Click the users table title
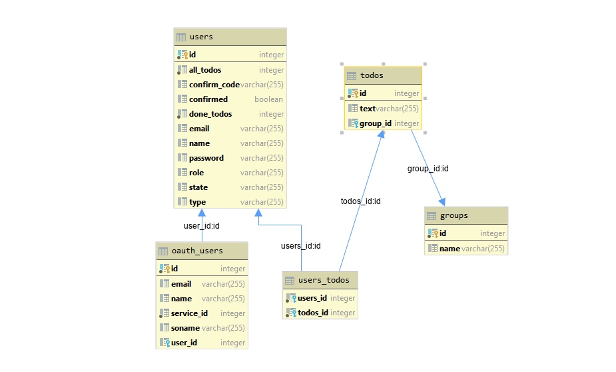(x=201, y=37)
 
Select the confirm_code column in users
(x=214, y=85)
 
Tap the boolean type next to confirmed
(x=269, y=99)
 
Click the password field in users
(x=206, y=158)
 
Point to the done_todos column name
(x=210, y=114)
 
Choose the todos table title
(x=372, y=75)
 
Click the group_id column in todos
(x=375, y=123)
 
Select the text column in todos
(x=368, y=109)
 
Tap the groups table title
(x=454, y=215)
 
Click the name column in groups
(x=450, y=249)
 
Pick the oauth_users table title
(x=197, y=251)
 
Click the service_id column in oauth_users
(x=189, y=313)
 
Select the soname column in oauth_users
(x=185, y=328)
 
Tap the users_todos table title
(x=324, y=280)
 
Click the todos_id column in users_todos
(x=313, y=313)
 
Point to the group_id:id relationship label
(x=428, y=169)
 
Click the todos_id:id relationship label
(x=361, y=201)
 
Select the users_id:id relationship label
(x=301, y=246)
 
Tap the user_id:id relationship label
(x=202, y=226)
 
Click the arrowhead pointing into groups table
(x=442, y=202)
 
